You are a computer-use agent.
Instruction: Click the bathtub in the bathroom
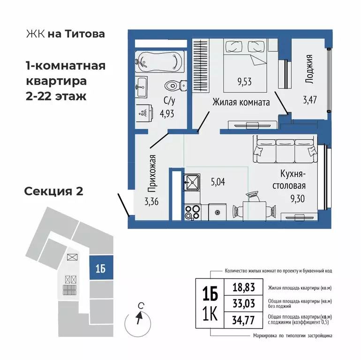click(160, 61)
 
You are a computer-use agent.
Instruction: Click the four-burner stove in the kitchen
click(192, 212)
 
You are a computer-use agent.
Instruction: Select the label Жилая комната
click(241, 102)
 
